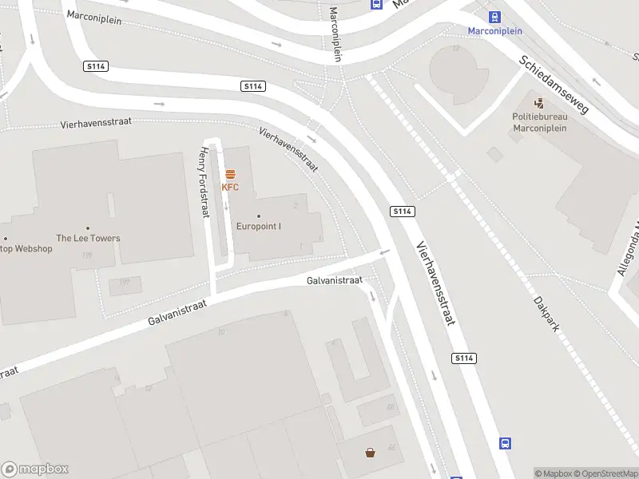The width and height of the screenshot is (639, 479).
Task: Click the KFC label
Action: click(230, 188)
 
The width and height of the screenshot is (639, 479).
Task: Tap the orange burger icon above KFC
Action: click(230, 173)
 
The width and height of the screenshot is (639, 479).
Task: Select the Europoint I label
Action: click(259, 226)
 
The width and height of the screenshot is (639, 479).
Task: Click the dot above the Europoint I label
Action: click(259, 216)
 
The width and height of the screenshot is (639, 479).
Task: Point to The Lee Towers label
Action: click(88, 238)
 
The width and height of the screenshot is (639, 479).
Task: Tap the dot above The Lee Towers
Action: click(88, 228)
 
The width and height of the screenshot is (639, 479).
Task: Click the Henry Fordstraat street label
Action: click(204, 183)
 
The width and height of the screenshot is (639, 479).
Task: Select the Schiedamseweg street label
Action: click(554, 84)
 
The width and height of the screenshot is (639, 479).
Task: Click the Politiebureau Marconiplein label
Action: click(539, 121)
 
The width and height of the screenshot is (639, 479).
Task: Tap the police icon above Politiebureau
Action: click(539, 102)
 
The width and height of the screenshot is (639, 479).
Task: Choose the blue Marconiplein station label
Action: click(495, 31)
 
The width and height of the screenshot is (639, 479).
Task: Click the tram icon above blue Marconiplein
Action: click(495, 17)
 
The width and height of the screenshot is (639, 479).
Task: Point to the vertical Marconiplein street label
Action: click(336, 34)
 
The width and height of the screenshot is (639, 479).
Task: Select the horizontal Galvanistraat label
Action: click(335, 280)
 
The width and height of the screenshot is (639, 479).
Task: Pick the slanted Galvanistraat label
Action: click(177, 312)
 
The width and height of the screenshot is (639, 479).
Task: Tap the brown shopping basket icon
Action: click(371, 453)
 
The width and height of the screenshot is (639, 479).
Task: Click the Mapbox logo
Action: click(35, 469)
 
